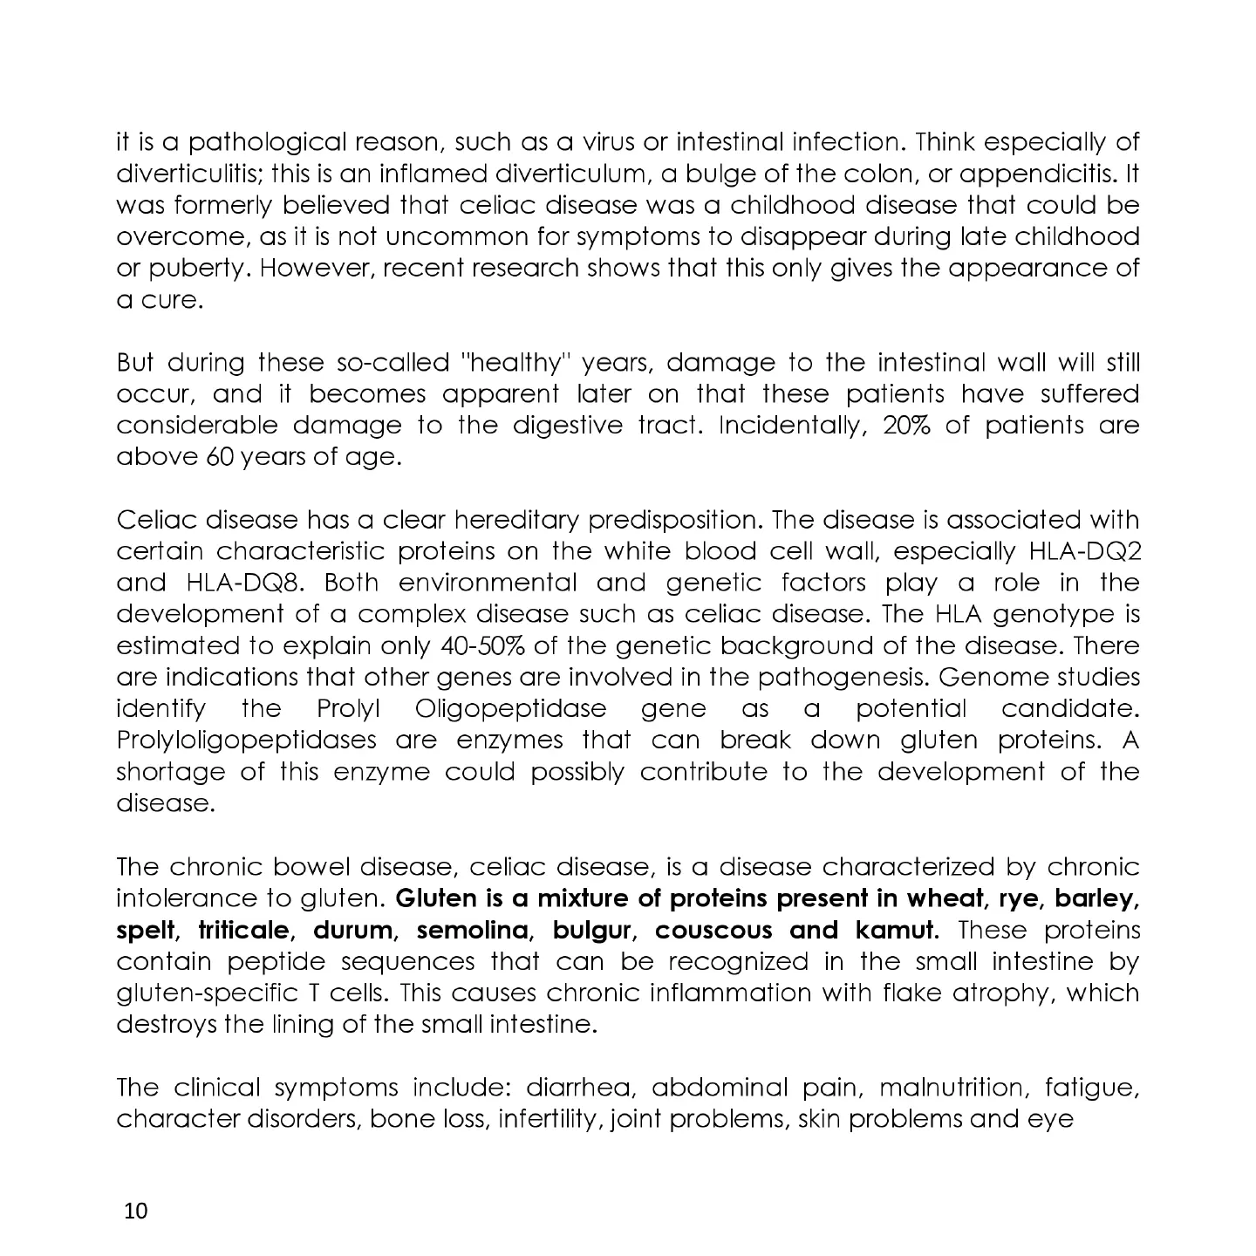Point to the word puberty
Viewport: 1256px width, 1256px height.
(183, 269)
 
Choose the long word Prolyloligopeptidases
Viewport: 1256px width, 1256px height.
(247, 741)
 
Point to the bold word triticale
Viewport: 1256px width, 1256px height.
(247, 931)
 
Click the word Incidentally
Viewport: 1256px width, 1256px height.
(791, 426)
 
